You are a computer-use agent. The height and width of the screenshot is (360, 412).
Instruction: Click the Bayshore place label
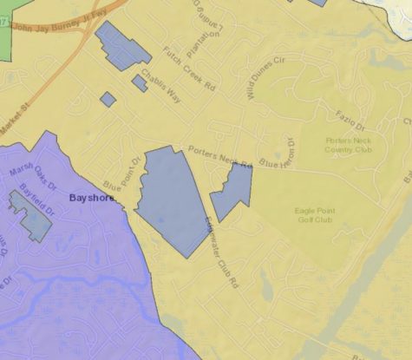tap(93, 199)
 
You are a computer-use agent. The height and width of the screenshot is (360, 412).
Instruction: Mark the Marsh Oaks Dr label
tap(32, 179)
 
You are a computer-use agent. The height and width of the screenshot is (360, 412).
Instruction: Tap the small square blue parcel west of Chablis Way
tap(108, 99)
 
